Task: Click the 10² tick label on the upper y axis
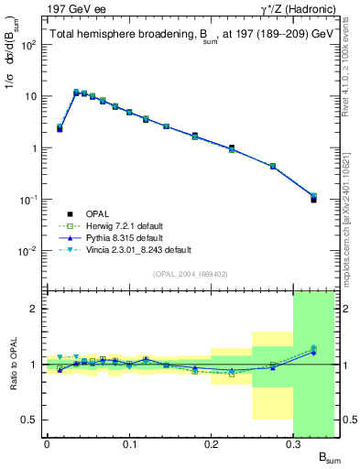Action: [x=29, y=44]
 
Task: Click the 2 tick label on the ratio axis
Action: [x=35, y=309]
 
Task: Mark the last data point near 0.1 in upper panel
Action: [x=313, y=199]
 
